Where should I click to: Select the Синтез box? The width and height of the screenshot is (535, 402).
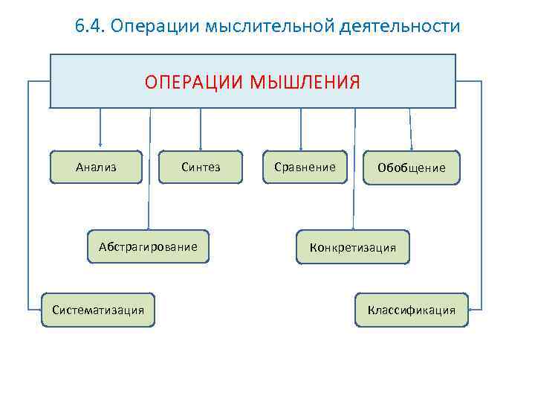(201, 167)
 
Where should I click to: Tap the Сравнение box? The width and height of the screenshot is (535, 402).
(305, 167)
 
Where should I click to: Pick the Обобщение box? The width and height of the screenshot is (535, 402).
(411, 168)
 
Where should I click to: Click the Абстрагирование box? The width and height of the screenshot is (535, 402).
(148, 246)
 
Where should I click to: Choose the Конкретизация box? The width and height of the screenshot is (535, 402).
(352, 247)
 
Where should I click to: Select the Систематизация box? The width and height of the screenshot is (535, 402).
(98, 309)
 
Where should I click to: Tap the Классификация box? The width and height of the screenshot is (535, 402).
(412, 309)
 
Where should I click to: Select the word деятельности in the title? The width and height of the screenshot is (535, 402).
(399, 27)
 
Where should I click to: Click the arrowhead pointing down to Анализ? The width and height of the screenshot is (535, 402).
(100, 146)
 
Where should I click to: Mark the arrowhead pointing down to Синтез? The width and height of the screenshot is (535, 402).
(201, 146)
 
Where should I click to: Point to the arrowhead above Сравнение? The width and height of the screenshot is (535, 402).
(300, 146)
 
